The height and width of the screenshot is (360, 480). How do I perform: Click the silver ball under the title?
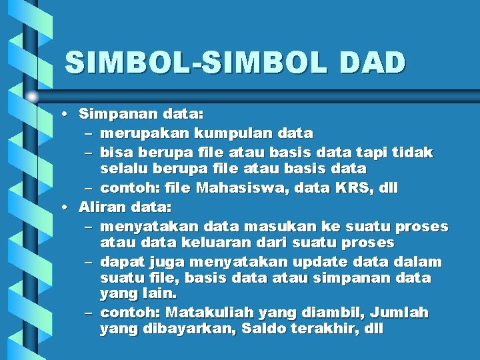pos(31,97)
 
